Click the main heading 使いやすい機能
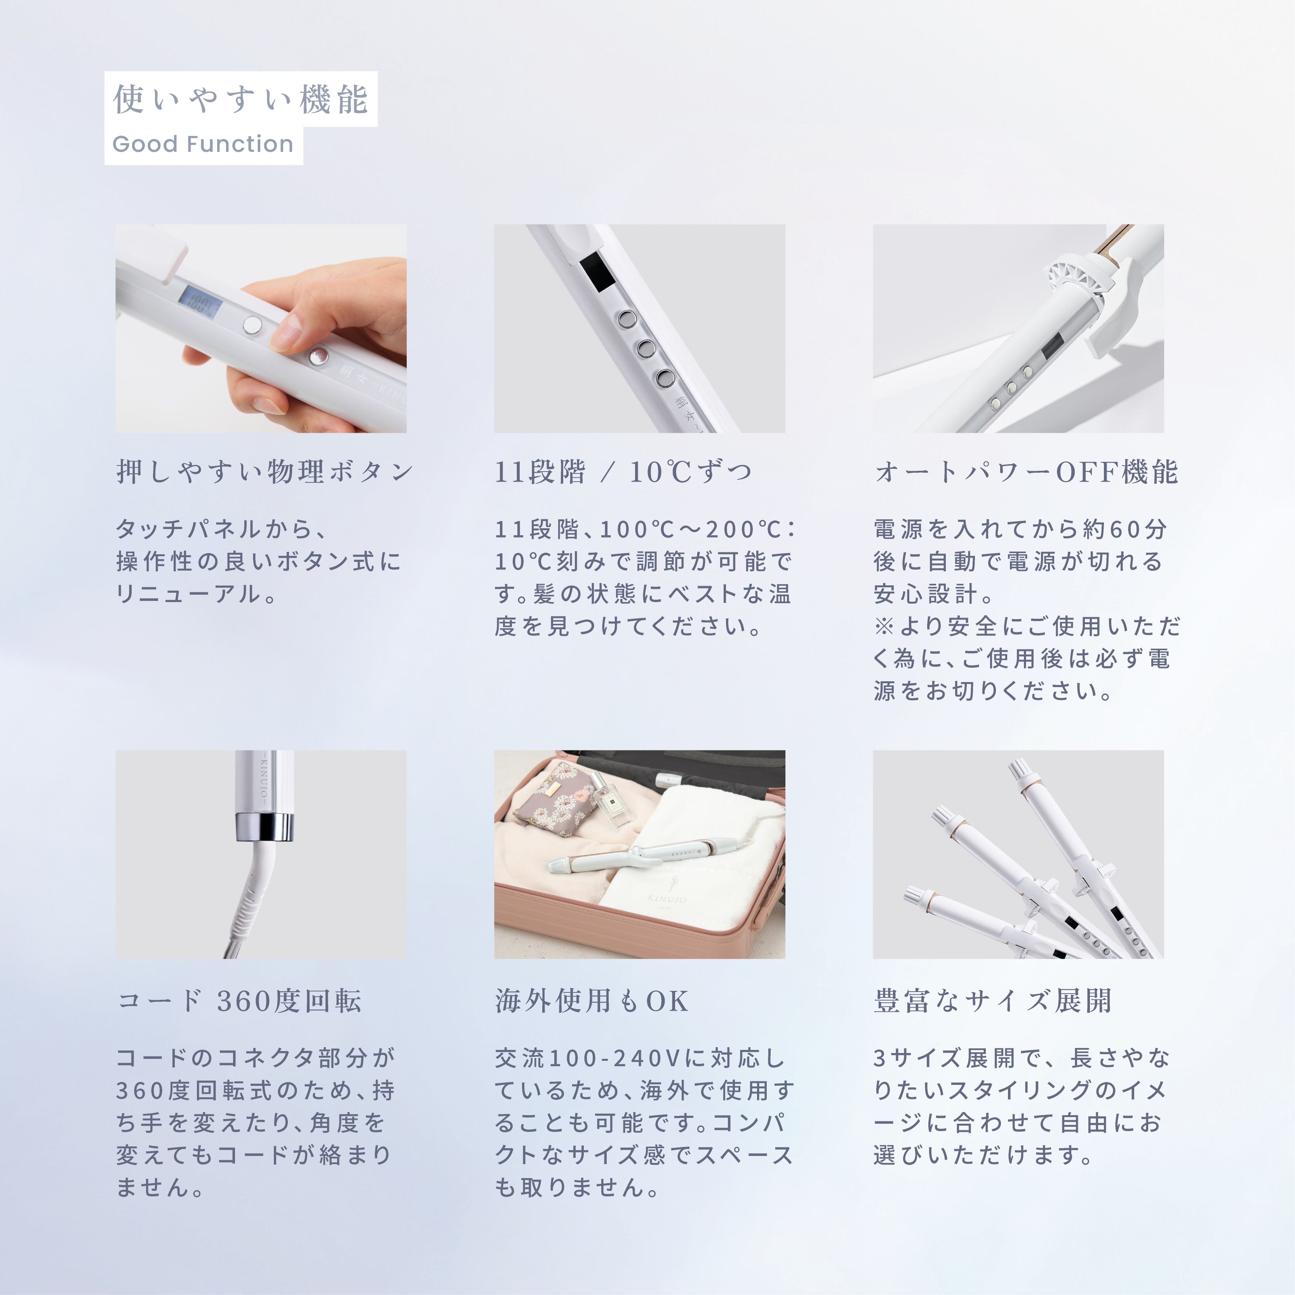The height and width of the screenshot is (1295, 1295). pos(240,99)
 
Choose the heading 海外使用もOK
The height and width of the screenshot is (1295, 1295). pos(591,1001)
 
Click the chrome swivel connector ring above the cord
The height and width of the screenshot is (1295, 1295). pos(264,827)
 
